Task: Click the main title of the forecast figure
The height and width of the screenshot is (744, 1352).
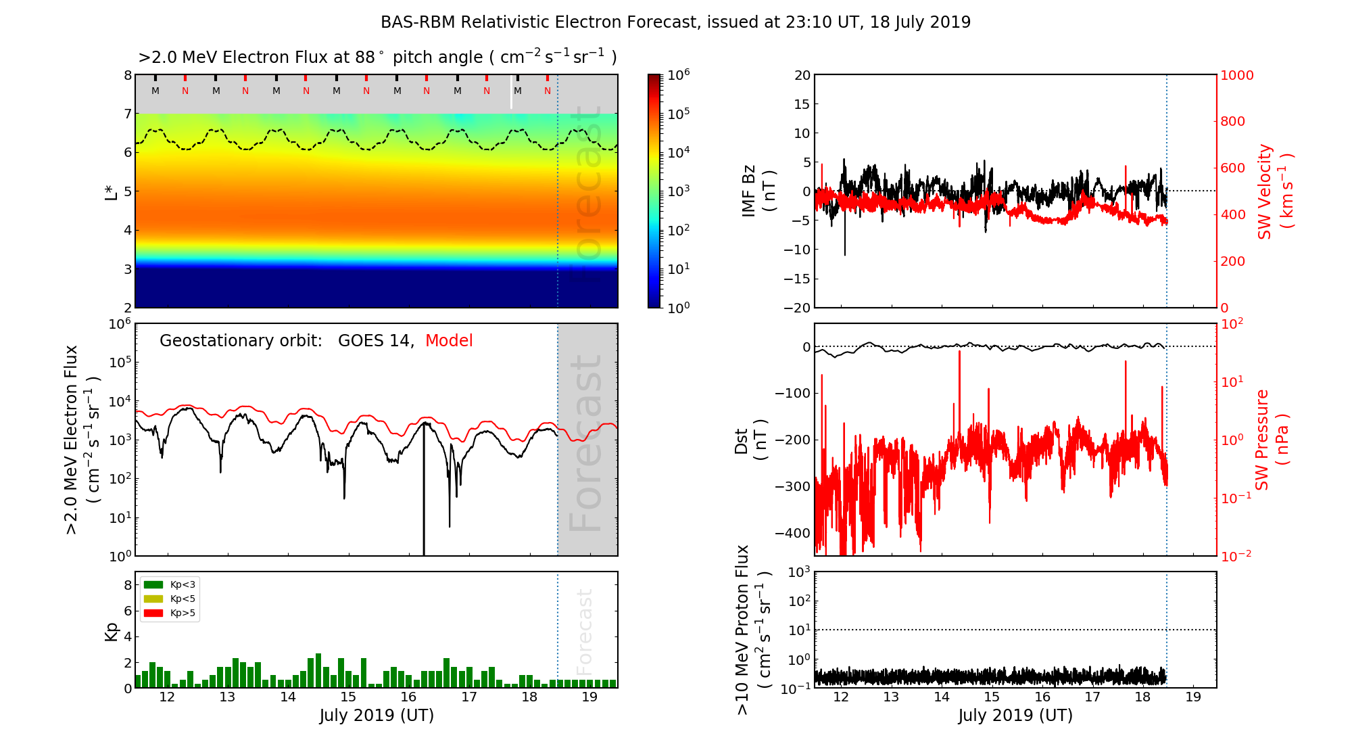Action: (x=675, y=22)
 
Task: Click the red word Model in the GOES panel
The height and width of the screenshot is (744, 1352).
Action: (x=449, y=341)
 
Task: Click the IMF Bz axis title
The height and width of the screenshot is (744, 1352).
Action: (x=758, y=191)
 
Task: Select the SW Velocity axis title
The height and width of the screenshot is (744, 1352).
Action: (x=1274, y=191)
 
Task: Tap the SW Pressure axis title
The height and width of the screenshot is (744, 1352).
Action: (x=1272, y=440)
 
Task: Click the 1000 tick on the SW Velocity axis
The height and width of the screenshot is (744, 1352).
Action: (x=1237, y=75)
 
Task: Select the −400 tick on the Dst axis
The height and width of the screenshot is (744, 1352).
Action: (x=792, y=533)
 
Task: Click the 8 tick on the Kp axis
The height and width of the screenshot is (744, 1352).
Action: (x=128, y=585)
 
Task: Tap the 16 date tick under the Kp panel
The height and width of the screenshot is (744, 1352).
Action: (x=408, y=697)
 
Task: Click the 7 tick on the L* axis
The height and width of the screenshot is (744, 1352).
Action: (x=128, y=114)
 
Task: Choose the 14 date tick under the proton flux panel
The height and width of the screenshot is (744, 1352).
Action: (x=942, y=697)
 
